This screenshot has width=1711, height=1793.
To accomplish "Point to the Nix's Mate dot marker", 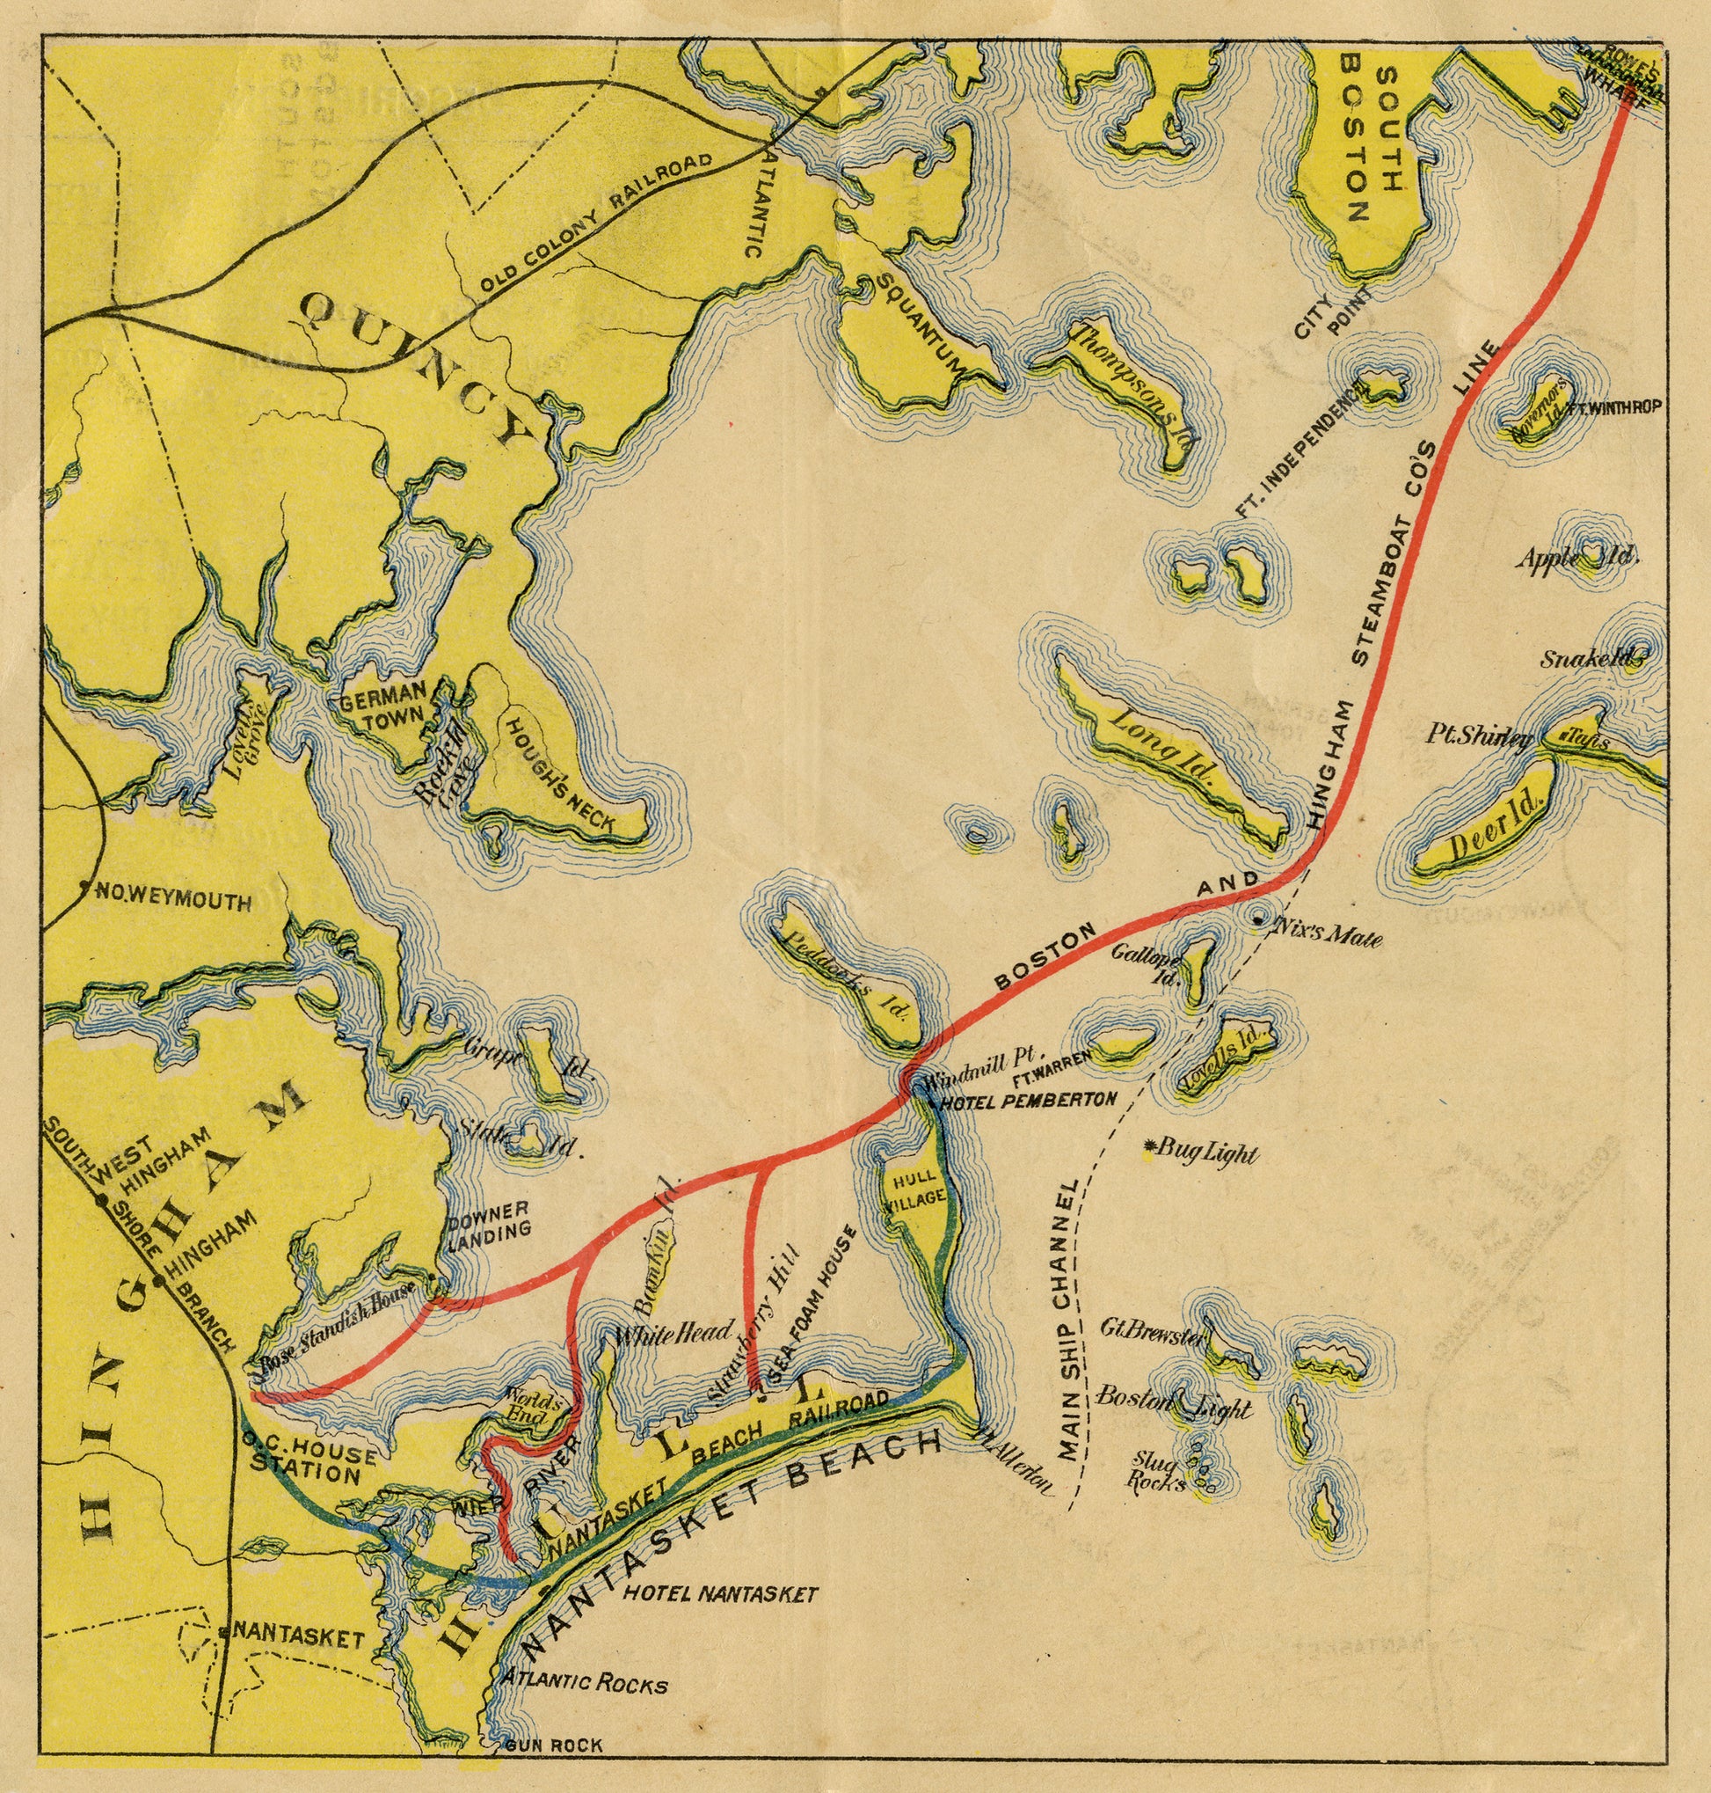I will point(1258,919).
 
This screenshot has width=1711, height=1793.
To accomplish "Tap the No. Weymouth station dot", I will point(84,886).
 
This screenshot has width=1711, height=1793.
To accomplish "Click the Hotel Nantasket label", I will point(719,1594).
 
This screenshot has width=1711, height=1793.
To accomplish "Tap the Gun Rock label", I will point(556,1745).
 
